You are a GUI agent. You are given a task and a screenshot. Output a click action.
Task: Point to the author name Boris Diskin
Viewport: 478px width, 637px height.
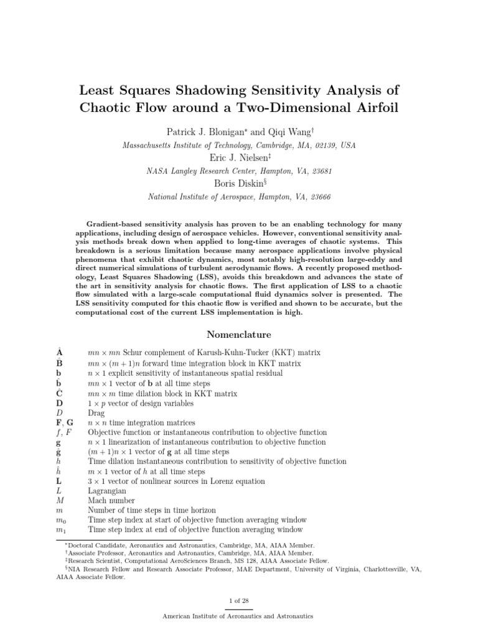(x=237, y=184)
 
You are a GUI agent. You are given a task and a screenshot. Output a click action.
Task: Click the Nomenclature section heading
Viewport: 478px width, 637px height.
(x=238, y=334)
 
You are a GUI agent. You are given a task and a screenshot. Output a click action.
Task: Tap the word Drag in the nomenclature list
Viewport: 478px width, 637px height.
(x=96, y=413)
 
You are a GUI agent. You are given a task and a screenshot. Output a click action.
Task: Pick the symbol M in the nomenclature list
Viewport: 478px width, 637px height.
(x=60, y=501)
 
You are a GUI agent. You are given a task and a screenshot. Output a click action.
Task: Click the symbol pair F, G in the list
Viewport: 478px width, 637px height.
(x=65, y=423)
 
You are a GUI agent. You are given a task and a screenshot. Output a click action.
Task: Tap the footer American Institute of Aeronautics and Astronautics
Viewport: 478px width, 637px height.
(x=238, y=616)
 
